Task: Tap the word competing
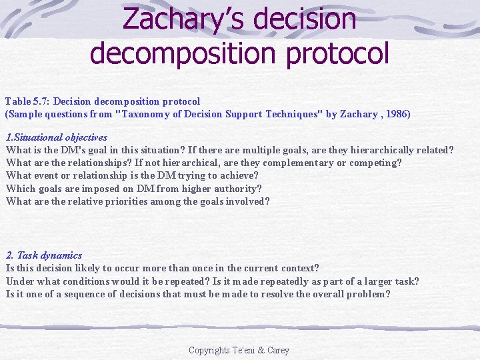(375, 163)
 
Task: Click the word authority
(238, 189)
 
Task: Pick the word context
(299, 268)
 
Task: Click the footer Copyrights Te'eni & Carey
(239, 350)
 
